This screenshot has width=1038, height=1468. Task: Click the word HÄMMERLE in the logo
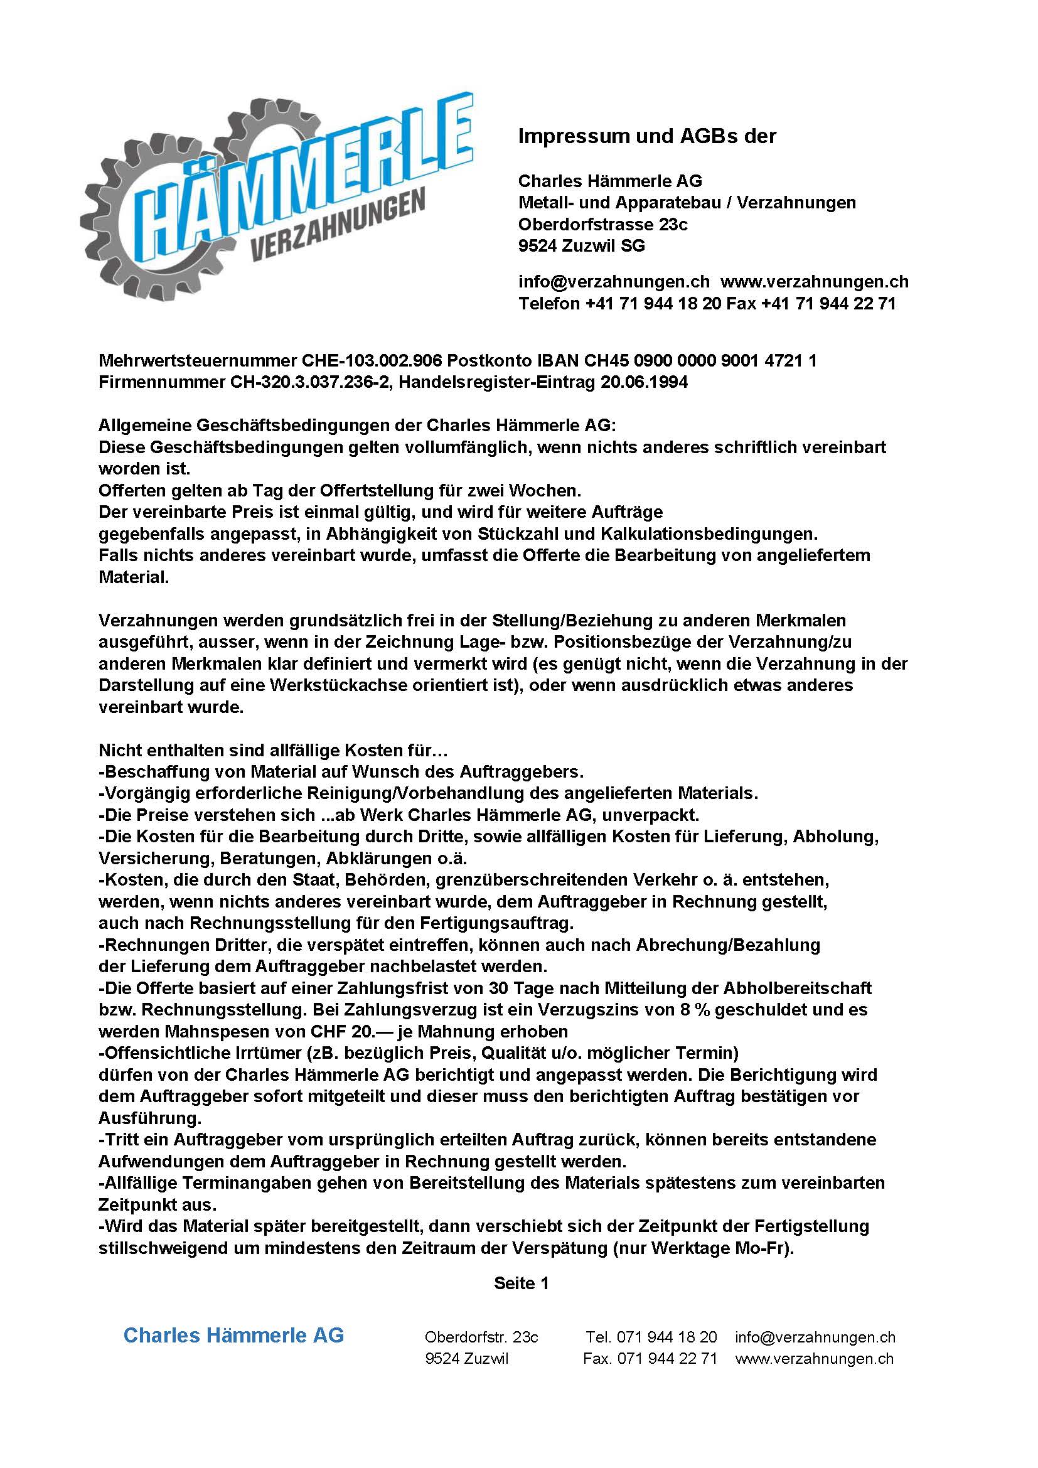click(287, 173)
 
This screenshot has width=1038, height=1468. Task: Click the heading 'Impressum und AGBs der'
click(647, 136)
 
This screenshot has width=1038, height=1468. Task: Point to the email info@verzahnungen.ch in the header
click(614, 282)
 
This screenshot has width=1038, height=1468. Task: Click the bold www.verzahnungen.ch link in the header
click(815, 282)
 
